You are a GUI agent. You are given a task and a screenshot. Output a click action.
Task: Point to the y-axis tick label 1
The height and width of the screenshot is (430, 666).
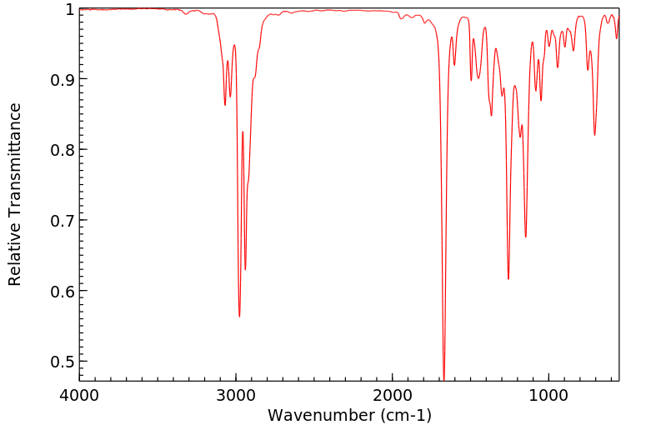click(70, 9)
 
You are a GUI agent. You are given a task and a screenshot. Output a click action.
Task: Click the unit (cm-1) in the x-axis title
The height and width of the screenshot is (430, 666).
click(404, 415)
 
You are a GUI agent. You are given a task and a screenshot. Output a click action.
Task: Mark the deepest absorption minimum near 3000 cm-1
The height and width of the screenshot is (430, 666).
click(239, 317)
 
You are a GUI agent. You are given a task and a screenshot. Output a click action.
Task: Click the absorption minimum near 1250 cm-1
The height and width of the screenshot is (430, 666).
click(508, 279)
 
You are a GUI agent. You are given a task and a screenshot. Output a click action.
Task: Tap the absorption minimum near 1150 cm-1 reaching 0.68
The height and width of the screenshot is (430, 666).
click(526, 237)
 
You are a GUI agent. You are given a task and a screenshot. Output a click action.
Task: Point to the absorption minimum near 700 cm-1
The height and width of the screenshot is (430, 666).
click(594, 135)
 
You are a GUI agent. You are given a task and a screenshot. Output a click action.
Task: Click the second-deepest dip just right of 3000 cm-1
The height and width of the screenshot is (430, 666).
click(245, 269)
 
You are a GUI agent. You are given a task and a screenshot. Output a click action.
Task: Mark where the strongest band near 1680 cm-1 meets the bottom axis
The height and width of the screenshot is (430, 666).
click(443, 380)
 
